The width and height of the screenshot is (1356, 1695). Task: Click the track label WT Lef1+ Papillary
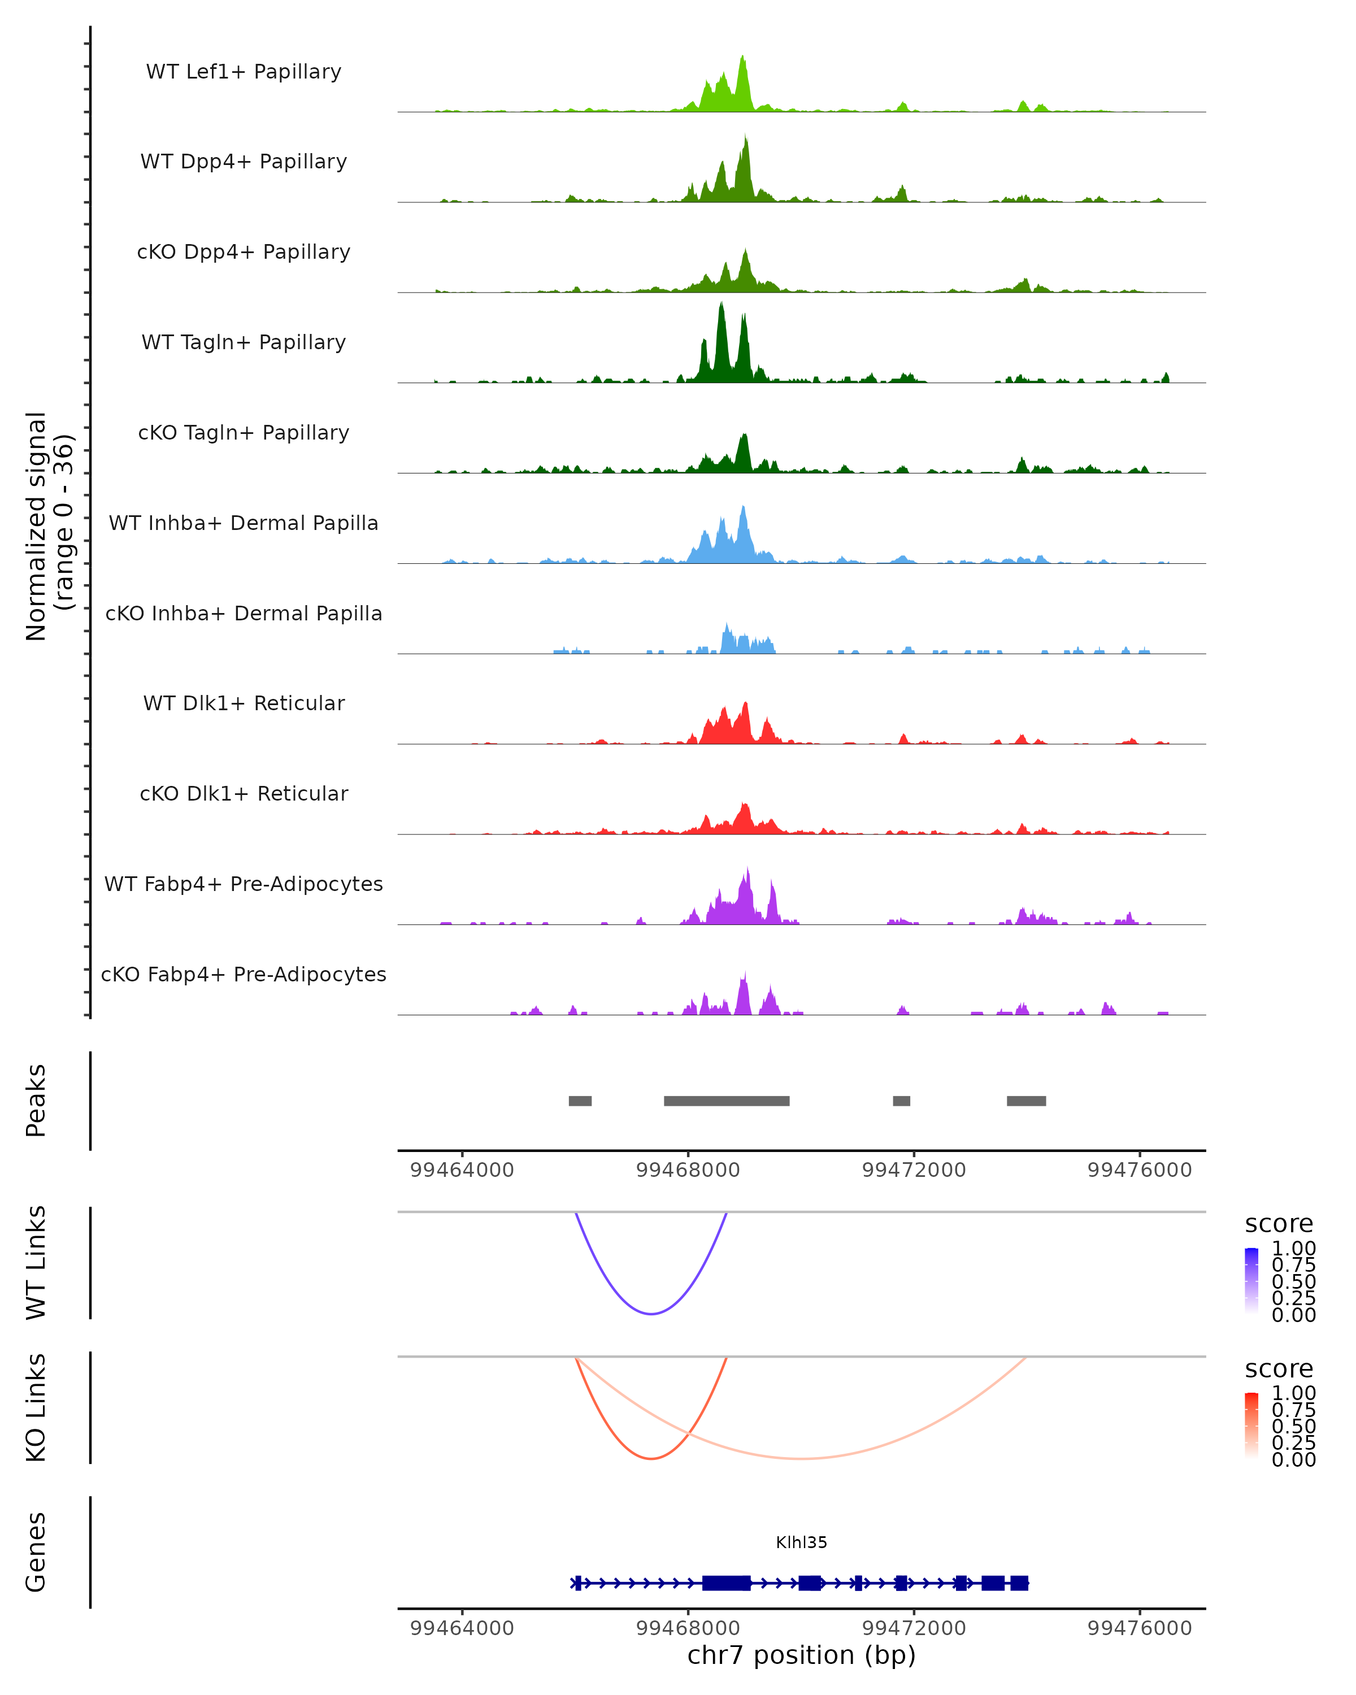tap(244, 72)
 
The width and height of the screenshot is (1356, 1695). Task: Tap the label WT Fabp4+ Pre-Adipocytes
tap(244, 884)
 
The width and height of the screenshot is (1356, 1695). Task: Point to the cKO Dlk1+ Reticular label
tap(244, 794)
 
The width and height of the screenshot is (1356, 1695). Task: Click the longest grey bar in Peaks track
tap(727, 1101)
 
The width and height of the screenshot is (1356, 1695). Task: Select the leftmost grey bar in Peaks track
tap(580, 1101)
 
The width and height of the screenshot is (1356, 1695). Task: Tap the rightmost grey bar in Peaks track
tap(1026, 1101)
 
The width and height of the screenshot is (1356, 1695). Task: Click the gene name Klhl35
tap(801, 1542)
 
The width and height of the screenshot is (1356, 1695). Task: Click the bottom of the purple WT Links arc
tap(651, 1313)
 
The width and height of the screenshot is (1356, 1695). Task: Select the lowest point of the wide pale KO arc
tap(800, 1458)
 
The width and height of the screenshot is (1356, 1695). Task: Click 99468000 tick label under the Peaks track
tap(688, 1170)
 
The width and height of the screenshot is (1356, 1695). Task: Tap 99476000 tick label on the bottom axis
tap(1139, 1628)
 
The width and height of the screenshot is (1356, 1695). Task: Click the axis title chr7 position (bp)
tap(801, 1655)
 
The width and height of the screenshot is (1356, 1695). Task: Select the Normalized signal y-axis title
tap(49, 527)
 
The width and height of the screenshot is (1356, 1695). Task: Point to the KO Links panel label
tap(36, 1407)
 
